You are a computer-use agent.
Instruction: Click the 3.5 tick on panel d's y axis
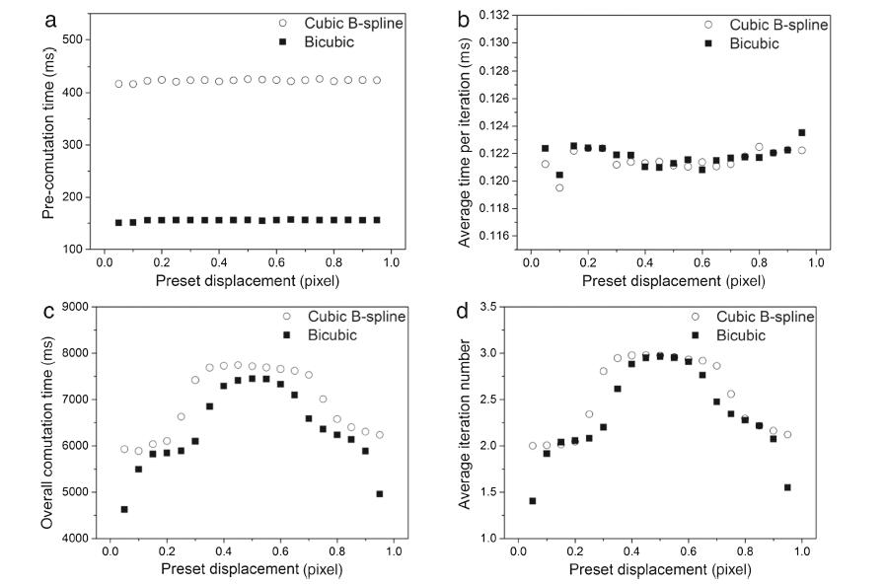(x=499, y=306)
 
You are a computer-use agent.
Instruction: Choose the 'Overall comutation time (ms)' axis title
(x=45, y=422)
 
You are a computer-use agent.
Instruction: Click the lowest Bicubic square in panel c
(x=123, y=509)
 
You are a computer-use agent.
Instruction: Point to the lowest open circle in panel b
(x=559, y=187)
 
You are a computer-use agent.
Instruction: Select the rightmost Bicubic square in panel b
(x=801, y=132)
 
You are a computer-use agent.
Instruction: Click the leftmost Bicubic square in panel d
(x=532, y=501)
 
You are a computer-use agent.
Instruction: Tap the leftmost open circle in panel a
(x=119, y=84)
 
